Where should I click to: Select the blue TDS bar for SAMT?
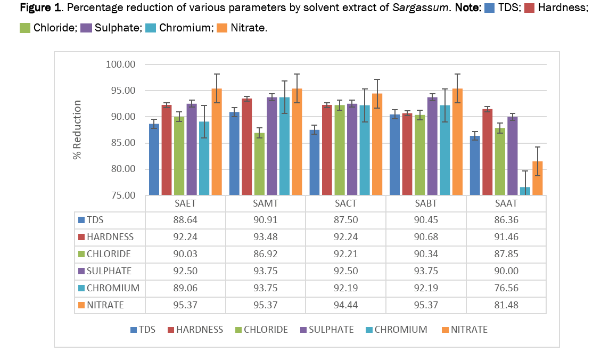click(234, 154)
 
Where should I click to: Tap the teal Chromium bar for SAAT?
click(525, 191)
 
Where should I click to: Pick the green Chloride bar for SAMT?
click(259, 165)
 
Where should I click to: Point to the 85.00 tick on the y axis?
click(122, 143)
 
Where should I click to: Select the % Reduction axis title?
click(78, 129)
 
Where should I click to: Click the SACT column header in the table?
click(345, 204)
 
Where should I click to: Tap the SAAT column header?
click(506, 204)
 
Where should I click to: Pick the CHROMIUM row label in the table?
click(110, 288)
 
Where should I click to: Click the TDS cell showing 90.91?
click(265, 220)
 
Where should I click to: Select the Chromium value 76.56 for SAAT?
click(506, 288)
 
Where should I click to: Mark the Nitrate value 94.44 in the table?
click(345, 305)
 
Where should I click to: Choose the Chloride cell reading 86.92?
click(265, 254)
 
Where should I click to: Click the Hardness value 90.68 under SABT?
click(426, 237)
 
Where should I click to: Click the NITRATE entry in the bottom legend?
click(468, 330)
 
